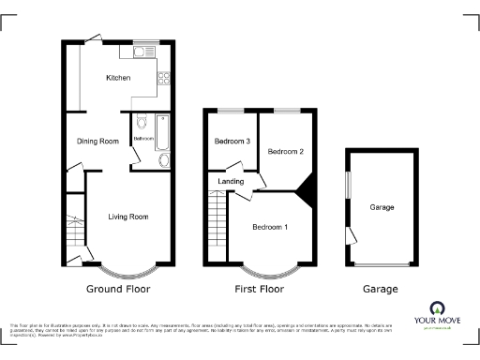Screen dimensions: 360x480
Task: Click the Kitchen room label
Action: point(118,78)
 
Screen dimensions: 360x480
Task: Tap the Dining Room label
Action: point(97,142)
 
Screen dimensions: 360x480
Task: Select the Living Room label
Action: point(128,217)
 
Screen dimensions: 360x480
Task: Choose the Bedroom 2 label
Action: point(285,151)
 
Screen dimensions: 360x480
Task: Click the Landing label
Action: point(232,182)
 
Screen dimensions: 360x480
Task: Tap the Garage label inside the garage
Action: point(382,207)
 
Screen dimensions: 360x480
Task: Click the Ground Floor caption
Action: point(118,290)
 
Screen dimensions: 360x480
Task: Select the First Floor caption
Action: point(261,290)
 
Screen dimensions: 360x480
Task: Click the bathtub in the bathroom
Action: point(161,134)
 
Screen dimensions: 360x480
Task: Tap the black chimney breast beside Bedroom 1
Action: point(305,194)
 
